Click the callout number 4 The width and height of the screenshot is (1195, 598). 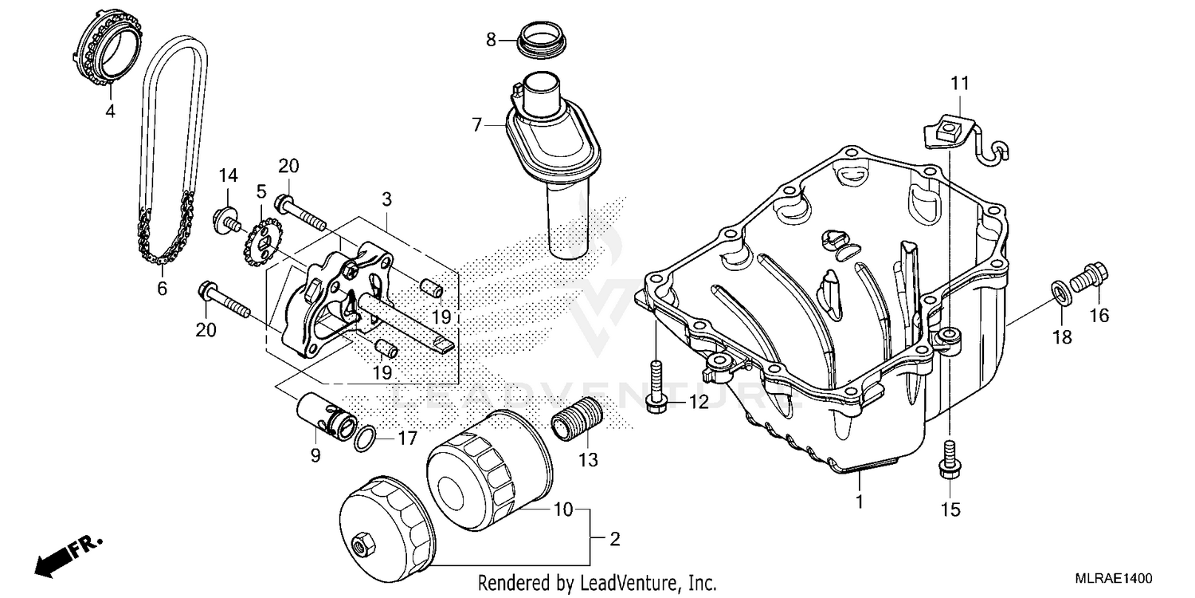click(110, 112)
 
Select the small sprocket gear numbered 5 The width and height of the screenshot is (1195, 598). click(263, 238)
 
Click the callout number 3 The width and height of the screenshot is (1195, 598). click(386, 198)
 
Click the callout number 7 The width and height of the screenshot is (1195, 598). click(477, 124)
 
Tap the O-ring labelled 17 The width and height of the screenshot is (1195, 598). click(365, 437)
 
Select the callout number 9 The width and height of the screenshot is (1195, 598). click(315, 456)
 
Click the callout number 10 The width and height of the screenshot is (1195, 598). click(563, 508)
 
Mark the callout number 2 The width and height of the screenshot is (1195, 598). click(614, 540)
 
